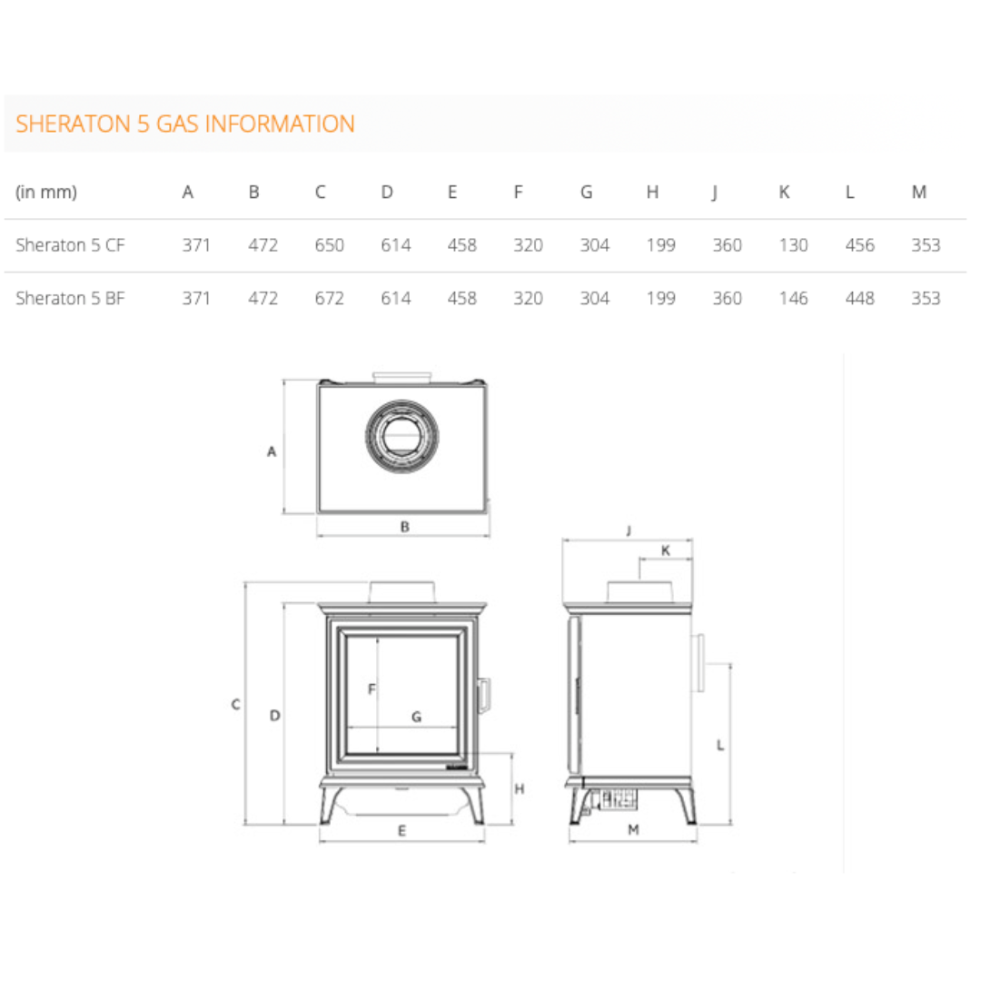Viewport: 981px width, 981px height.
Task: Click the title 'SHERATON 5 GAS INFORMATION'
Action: (x=185, y=124)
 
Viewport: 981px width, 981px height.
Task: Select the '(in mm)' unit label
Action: (x=46, y=192)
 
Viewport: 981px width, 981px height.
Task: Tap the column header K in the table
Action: (x=784, y=192)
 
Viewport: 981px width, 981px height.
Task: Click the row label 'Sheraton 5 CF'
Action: (x=70, y=244)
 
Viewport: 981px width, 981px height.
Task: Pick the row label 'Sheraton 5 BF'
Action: (x=70, y=298)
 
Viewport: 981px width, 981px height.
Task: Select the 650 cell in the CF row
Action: (x=330, y=244)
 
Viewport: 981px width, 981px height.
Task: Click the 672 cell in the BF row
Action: (x=330, y=298)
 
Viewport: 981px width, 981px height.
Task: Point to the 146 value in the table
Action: (x=793, y=298)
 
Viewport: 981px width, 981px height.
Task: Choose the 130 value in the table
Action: (x=793, y=244)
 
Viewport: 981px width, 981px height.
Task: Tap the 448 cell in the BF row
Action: (x=859, y=298)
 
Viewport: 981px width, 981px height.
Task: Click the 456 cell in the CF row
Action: (x=859, y=244)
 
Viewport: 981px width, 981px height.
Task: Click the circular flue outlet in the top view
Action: (x=401, y=436)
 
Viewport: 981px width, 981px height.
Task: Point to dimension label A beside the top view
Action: (x=272, y=451)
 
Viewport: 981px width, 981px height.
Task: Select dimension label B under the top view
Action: (x=405, y=527)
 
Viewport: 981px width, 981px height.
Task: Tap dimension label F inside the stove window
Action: (x=372, y=689)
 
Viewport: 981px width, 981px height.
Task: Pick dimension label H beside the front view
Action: (x=520, y=789)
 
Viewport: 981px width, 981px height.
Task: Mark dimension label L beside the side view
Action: (x=720, y=745)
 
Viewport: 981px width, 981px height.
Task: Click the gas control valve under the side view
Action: (x=619, y=799)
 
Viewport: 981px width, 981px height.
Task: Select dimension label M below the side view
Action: (x=633, y=829)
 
